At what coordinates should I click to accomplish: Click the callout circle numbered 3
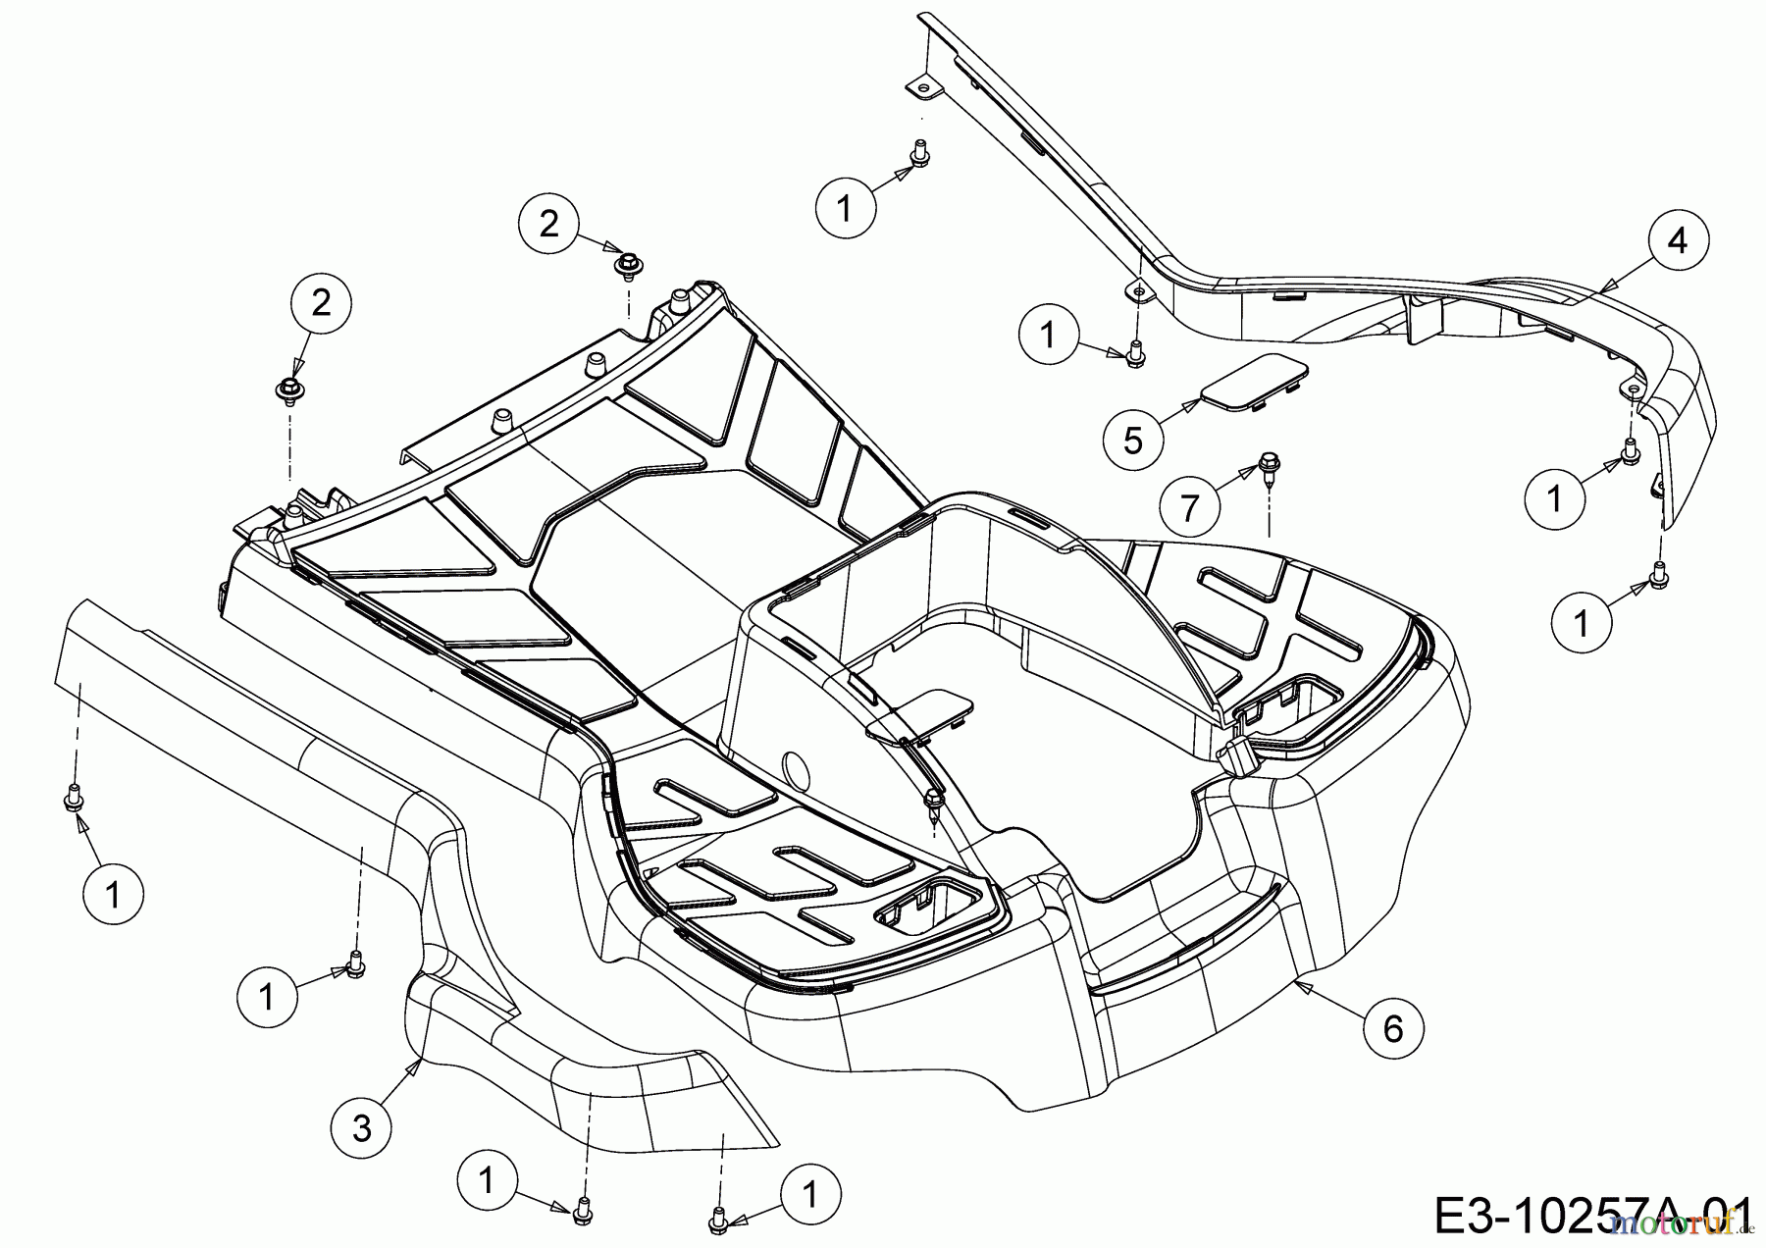[x=362, y=1128]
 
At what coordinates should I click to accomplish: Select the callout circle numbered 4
[x=1679, y=240]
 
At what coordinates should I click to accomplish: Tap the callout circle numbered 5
[x=1133, y=441]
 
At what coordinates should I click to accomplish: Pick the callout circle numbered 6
[x=1393, y=1028]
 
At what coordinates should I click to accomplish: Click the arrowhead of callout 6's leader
[x=1297, y=980]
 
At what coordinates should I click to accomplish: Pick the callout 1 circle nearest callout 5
[x=1049, y=336]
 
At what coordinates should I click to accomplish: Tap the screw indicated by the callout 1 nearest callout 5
[x=1134, y=350]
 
